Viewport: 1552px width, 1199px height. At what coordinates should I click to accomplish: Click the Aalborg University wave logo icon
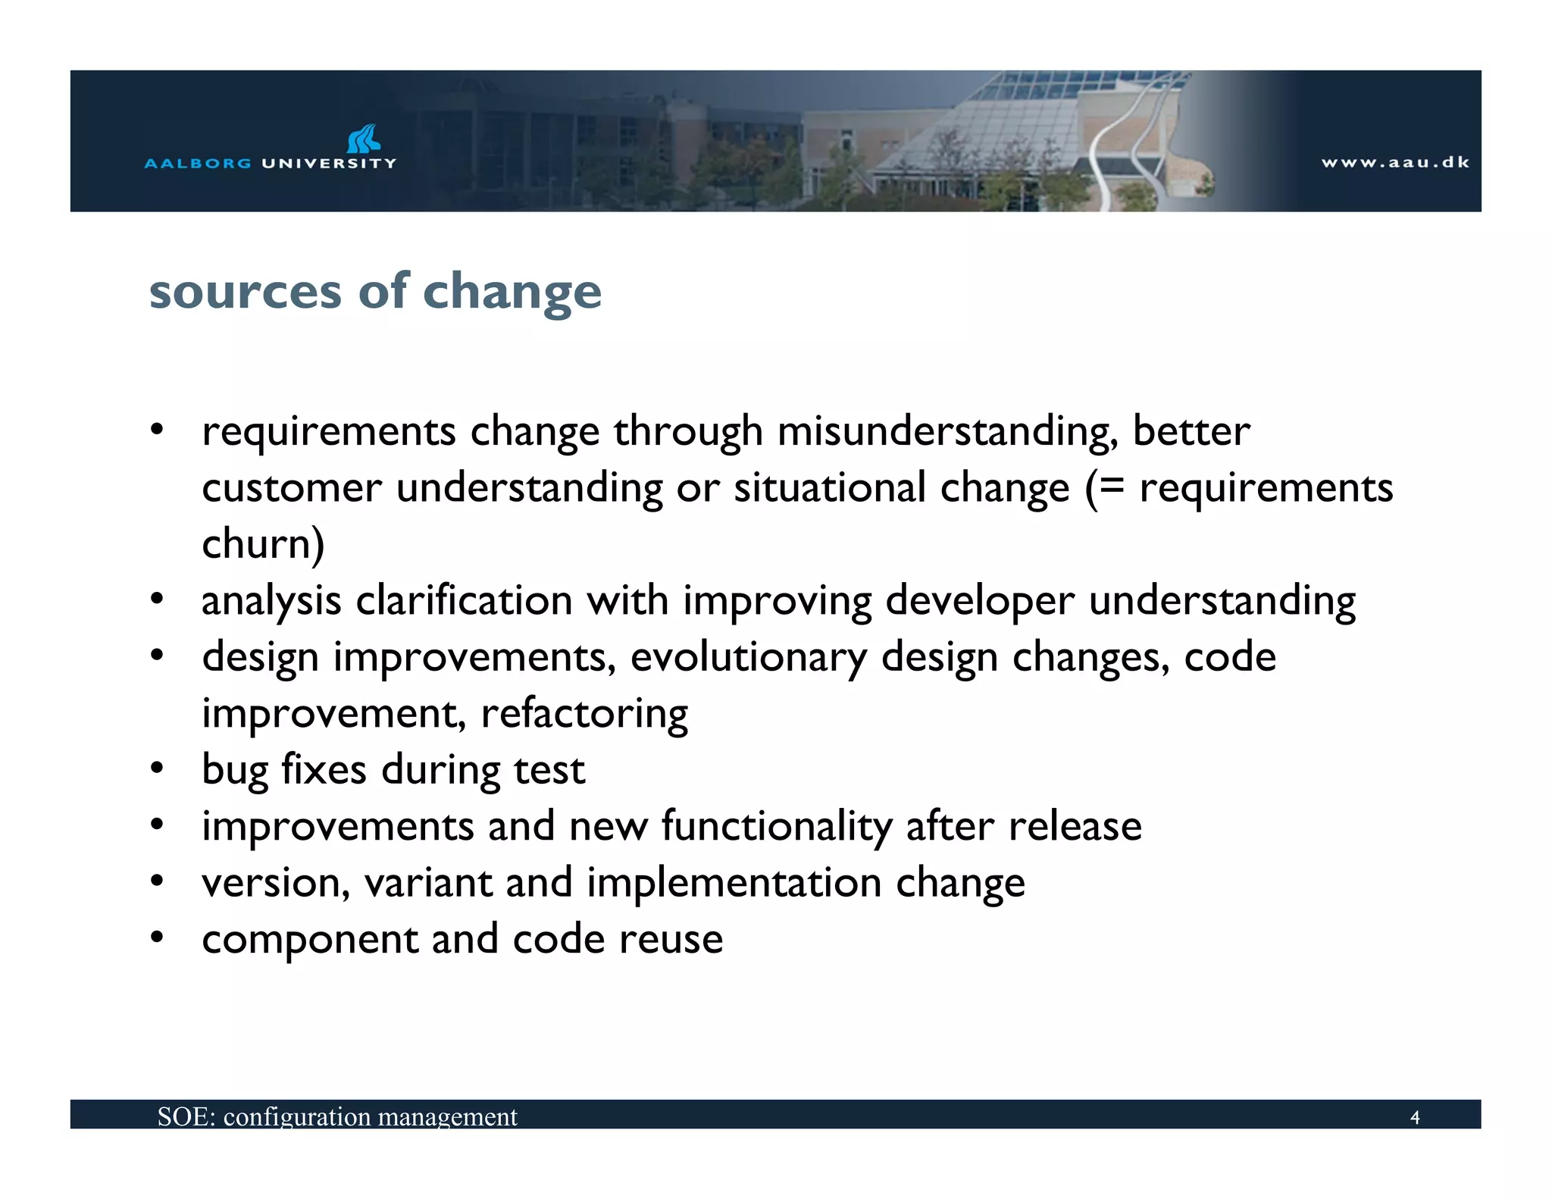pos(364,139)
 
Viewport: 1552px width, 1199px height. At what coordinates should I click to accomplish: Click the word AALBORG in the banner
pos(197,163)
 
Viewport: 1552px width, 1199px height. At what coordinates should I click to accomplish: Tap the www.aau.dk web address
pos(1395,162)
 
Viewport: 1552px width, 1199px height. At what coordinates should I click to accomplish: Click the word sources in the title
pos(245,292)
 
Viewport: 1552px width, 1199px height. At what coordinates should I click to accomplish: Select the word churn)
pos(263,544)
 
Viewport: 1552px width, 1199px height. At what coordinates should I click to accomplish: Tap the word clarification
pos(464,601)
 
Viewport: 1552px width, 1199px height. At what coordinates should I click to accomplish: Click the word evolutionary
pos(748,658)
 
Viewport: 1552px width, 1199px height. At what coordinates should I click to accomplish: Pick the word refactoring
pos(584,714)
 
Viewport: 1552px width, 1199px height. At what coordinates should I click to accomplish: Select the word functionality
pos(777,827)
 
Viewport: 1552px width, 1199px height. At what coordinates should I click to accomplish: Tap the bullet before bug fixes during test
pos(157,769)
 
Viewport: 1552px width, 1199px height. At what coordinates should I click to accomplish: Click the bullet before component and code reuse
pos(157,938)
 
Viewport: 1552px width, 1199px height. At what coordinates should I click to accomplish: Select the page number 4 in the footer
pos(1414,1117)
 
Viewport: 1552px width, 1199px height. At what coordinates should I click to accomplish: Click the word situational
pos(830,487)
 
